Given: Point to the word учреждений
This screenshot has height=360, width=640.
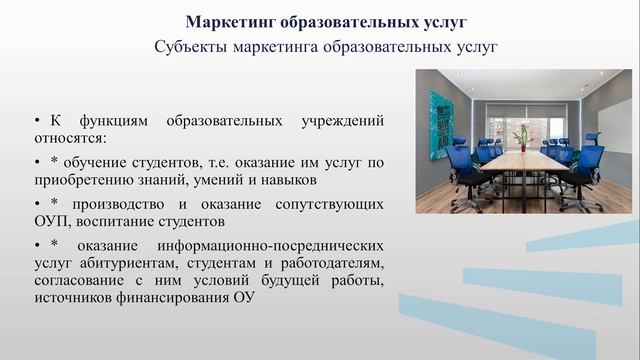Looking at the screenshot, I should pyautogui.click(x=343, y=120).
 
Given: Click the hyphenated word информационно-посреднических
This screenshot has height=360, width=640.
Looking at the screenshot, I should pyautogui.click(x=265, y=245).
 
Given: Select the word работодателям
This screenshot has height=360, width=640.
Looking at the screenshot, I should pyautogui.click(x=335, y=264).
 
